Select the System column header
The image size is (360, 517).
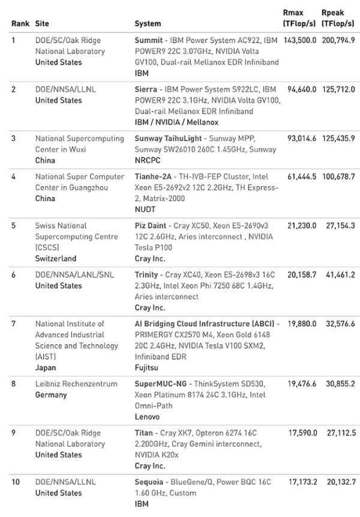pyautogui.click(x=148, y=24)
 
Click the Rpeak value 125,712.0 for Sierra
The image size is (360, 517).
pyautogui.click(x=338, y=89)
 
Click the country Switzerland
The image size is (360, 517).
pyautogui.click(x=56, y=259)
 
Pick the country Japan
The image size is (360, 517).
pyautogui.click(x=46, y=367)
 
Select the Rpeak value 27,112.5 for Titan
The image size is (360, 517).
pyautogui.click(x=338, y=433)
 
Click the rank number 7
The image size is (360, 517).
pyautogui.click(x=14, y=324)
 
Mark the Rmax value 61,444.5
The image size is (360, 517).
pyautogui.click(x=301, y=177)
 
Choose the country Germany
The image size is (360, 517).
pyautogui.click(x=51, y=395)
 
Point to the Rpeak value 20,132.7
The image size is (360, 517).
pyautogui.click(x=338, y=482)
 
